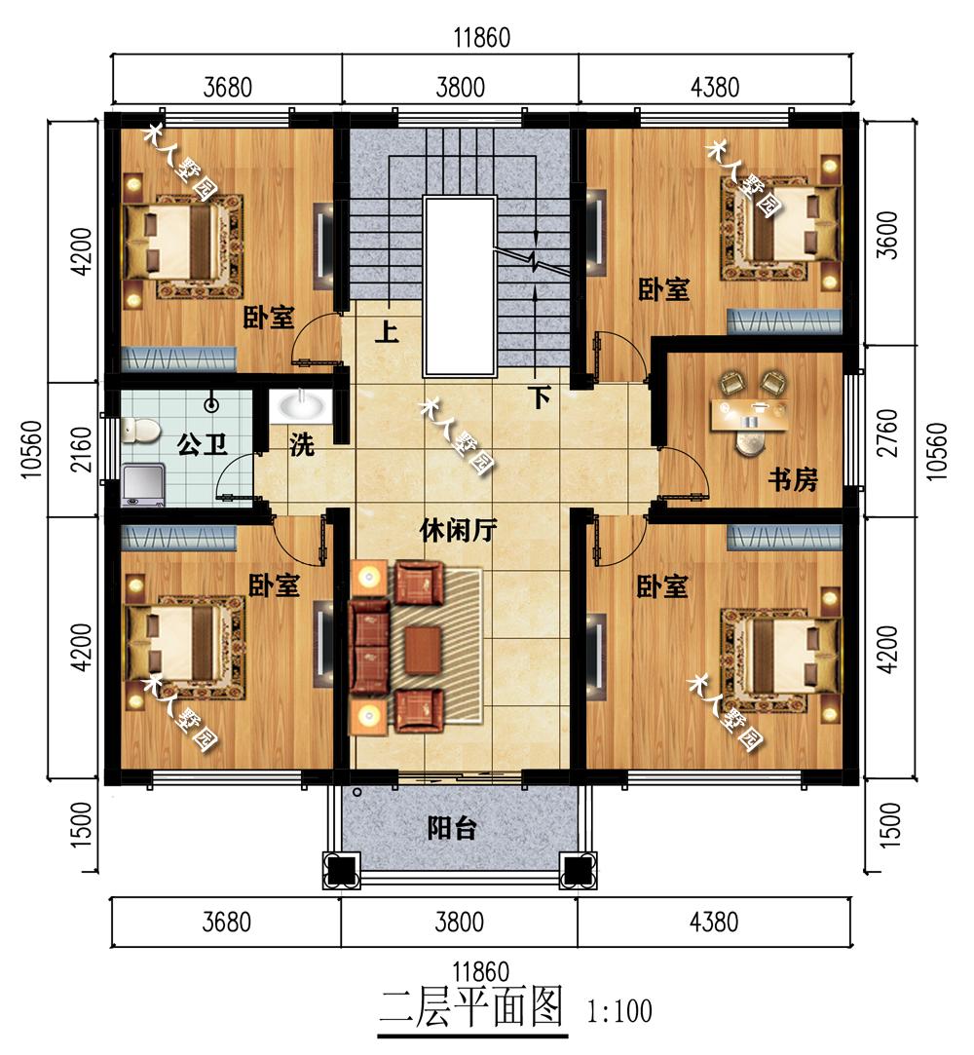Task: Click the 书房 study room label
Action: (793, 479)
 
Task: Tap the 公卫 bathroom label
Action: (202, 444)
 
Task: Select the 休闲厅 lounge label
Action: (458, 531)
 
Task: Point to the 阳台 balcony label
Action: (452, 828)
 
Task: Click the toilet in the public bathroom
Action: (140, 430)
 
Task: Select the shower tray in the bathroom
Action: (142, 484)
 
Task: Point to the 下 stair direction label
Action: (539, 397)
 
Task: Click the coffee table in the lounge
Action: (423, 650)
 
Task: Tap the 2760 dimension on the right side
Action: (888, 433)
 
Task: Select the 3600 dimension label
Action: (888, 235)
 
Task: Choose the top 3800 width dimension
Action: (460, 88)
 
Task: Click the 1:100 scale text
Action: (619, 1010)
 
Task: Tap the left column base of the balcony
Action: (342, 870)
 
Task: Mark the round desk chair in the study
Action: (751, 442)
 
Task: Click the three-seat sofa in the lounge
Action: (370, 646)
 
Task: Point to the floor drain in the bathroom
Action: (212, 405)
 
